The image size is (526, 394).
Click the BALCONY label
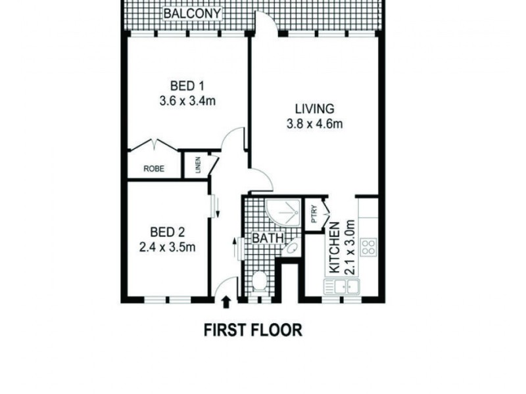click(x=192, y=14)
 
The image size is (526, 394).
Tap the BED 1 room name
click(x=187, y=86)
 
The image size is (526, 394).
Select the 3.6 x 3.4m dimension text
click(x=187, y=101)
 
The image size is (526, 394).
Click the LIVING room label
click(x=314, y=109)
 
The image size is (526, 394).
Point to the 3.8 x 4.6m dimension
click(x=314, y=124)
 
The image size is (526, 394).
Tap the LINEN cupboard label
click(x=197, y=166)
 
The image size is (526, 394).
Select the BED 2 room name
click(x=168, y=232)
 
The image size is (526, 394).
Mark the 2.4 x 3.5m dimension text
click(x=168, y=248)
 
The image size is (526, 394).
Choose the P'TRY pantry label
click(x=314, y=215)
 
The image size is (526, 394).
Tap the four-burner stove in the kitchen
click(x=369, y=248)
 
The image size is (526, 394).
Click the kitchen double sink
click(x=341, y=286)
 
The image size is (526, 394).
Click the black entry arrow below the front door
click(x=226, y=303)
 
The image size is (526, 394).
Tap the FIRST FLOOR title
click(x=252, y=329)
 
